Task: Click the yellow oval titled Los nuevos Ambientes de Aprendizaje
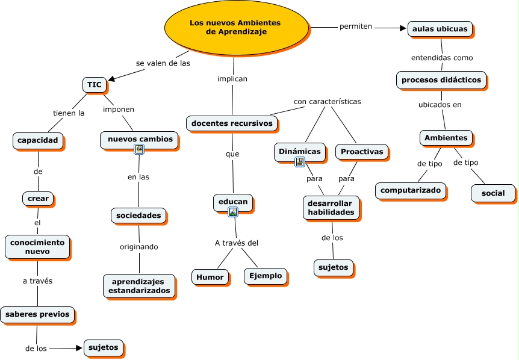click(x=237, y=28)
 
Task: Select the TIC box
click(x=95, y=85)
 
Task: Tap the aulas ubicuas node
click(x=440, y=29)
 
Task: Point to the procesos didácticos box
click(x=441, y=79)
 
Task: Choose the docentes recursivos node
click(x=232, y=123)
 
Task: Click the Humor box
click(x=210, y=277)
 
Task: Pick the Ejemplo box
click(x=266, y=276)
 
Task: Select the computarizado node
click(x=411, y=190)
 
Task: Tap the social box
click(x=493, y=193)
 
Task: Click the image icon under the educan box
click(x=233, y=212)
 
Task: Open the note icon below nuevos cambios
click(x=139, y=149)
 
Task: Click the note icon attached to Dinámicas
click(x=300, y=162)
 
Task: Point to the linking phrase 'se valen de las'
click(x=163, y=63)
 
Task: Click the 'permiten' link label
click(x=356, y=26)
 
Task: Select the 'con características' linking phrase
click(x=328, y=102)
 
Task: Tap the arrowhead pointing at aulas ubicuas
click(x=403, y=28)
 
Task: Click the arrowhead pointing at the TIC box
click(x=111, y=79)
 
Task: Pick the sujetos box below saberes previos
click(x=104, y=347)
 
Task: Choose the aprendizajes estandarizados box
click(x=139, y=286)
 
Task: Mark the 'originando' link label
click(x=139, y=247)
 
